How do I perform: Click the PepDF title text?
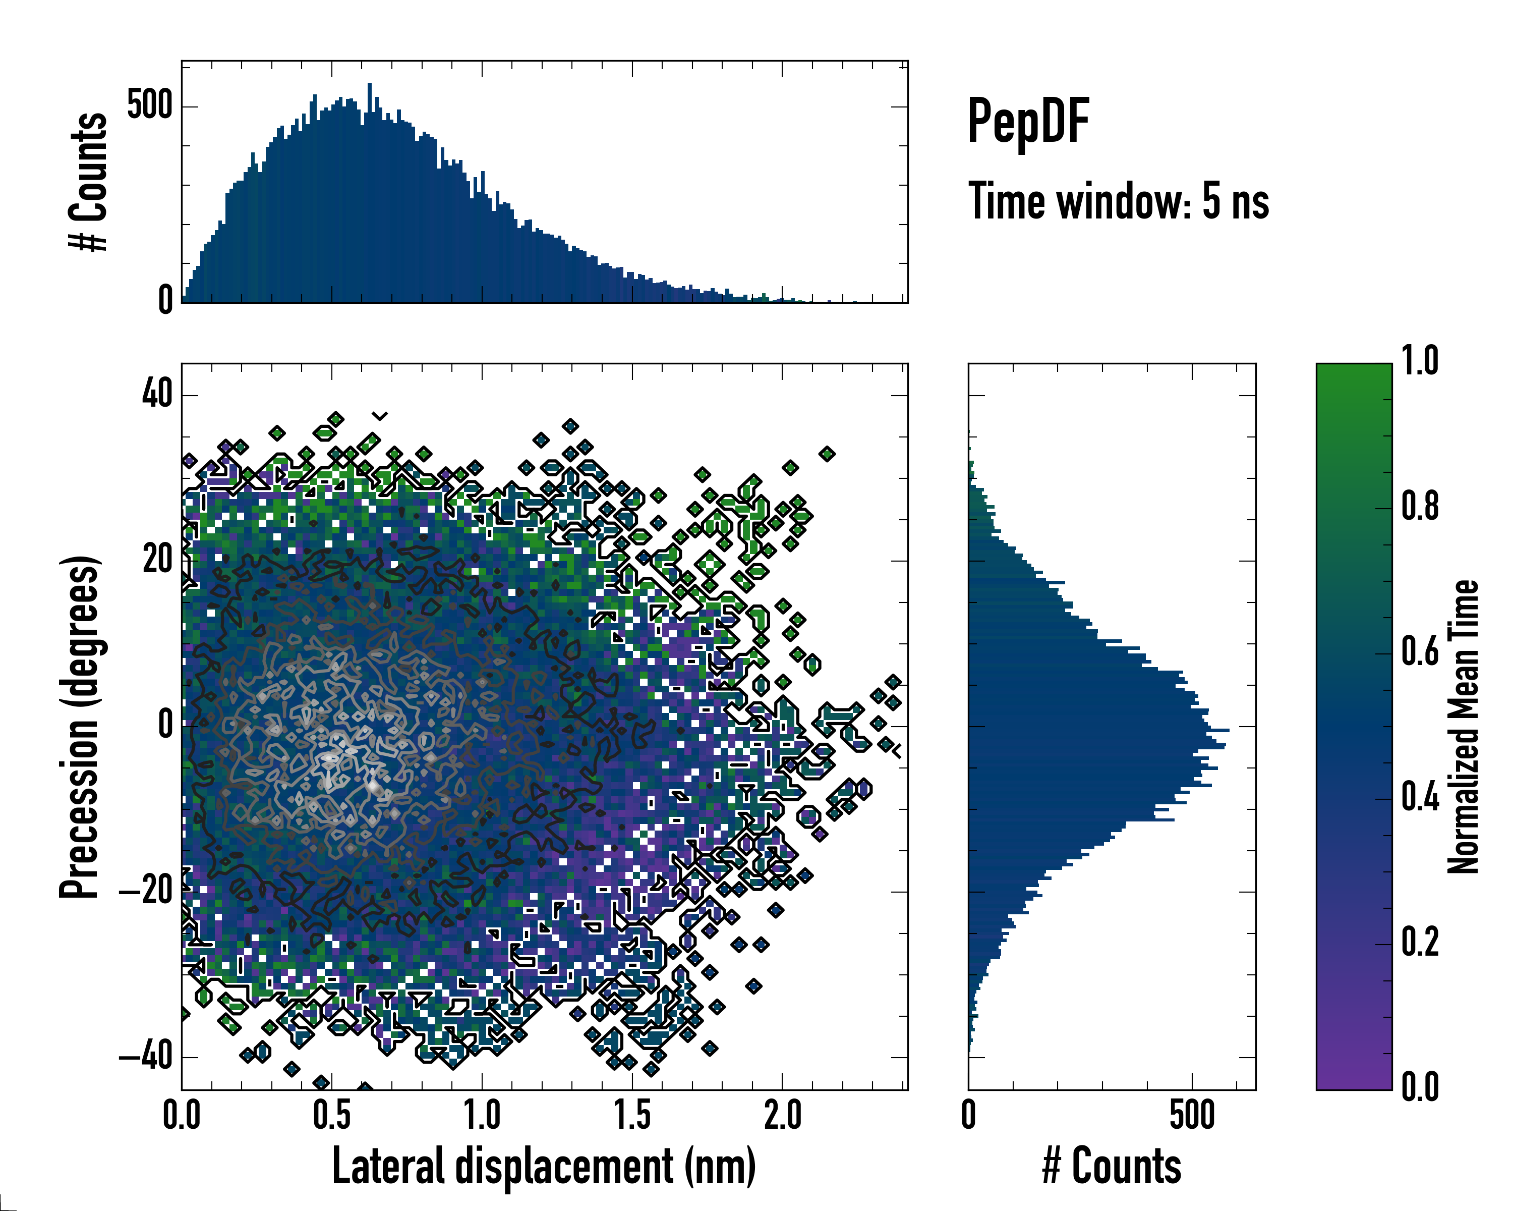(1028, 121)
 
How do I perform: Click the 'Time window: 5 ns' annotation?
(1118, 201)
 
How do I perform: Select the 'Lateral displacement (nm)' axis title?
(544, 1166)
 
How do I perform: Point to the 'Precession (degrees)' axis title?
(79, 727)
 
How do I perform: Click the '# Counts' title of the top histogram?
(88, 181)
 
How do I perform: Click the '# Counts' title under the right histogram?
(1112, 1166)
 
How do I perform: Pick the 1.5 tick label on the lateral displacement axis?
(632, 1115)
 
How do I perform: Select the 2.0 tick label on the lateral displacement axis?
(782, 1115)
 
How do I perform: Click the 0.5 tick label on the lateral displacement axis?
(332, 1115)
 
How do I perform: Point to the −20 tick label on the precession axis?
(146, 892)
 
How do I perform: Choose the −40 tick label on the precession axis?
(146, 1057)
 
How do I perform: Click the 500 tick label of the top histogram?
(149, 106)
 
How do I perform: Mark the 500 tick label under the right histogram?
(1192, 1115)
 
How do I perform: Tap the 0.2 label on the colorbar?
(1420, 942)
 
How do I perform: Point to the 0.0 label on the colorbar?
(1420, 1087)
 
